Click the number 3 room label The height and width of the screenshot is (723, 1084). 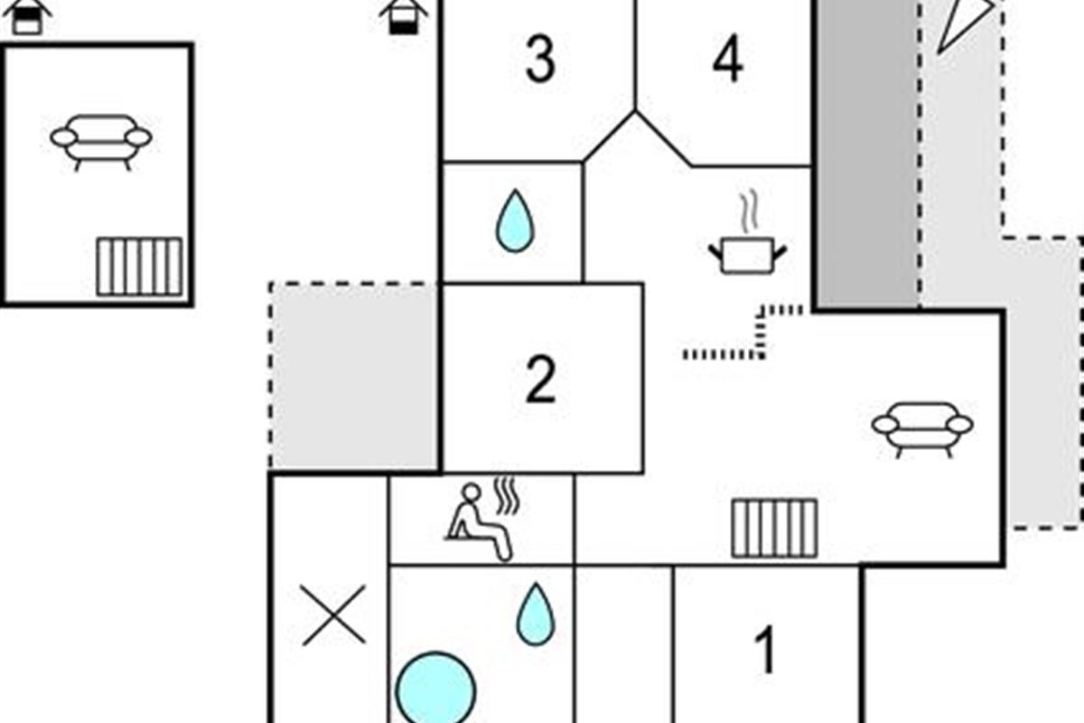point(540,61)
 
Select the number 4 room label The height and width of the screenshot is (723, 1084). point(727,61)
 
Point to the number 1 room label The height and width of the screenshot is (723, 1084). point(765,651)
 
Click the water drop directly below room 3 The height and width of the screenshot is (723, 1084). point(514,221)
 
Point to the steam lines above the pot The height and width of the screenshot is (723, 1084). point(747,212)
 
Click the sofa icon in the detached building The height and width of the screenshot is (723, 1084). point(101,141)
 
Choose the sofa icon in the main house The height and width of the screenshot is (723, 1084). point(921,427)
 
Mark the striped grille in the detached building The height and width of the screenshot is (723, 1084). point(139,266)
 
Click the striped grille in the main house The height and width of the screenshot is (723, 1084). point(774,528)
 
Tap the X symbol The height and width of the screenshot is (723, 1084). point(333,615)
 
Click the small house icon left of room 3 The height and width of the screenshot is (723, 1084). point(404,15)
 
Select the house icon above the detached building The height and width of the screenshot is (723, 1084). point(28,15)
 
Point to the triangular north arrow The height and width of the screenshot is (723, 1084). point(960,23)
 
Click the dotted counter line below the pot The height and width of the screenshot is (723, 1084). point(723,353)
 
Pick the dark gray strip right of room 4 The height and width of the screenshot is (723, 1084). point(867,154)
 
